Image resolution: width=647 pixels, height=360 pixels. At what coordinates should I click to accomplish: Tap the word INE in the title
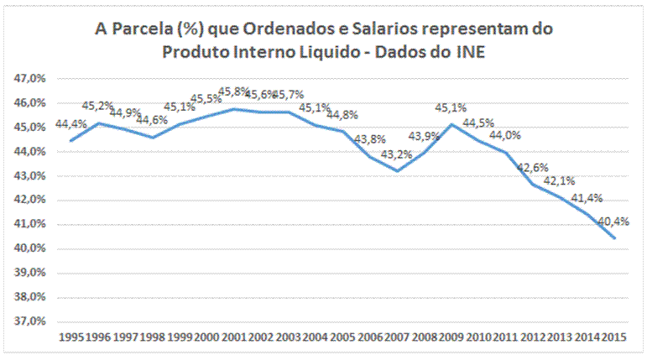tap(471, 52)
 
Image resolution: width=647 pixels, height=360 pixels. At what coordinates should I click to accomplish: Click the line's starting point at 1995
tap(71, 140)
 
